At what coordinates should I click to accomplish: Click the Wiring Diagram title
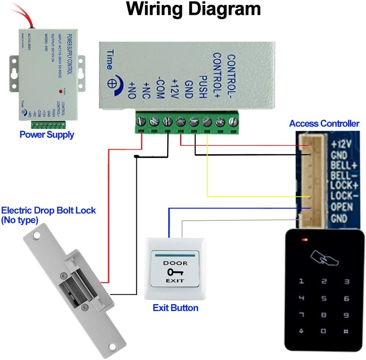pyautogui.click(x=194, y=9)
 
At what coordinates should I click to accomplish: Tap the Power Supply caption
pyautogui.click(x=47, y=135)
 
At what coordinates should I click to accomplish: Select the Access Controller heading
pyautogui.click(x=324, y=124)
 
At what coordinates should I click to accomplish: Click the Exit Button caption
pyautogui.click(x=176, y=308)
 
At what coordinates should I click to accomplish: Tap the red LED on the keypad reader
pyautogui.click(x=305, y=240)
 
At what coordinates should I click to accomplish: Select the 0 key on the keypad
pyautogui.click(x=324, y=331)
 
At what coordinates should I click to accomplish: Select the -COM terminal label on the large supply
pyautogui.click(x=160, y=90)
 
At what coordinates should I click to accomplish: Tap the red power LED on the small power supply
pyautogui.click(x=60, y=91)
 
